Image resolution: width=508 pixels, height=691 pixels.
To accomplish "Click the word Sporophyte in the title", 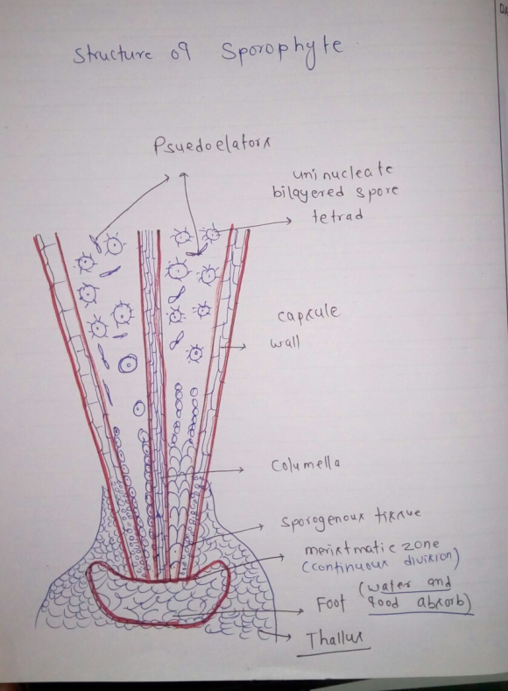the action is tap(282, 52).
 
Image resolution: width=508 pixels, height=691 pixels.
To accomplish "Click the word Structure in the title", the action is tap(114, 55).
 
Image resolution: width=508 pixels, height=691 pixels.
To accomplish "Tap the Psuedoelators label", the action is tap(211, 145).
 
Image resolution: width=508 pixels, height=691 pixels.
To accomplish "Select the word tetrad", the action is tap(337, 216).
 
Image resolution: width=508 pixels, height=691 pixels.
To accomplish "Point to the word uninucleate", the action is tap(342, 172).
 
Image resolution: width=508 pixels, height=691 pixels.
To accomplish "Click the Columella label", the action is tap(306, 465).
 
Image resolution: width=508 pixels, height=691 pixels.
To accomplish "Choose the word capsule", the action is tap(308, 314).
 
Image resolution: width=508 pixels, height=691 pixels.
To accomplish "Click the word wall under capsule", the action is tap(285, 342).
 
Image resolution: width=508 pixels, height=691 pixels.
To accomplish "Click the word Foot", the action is tap(330, 603).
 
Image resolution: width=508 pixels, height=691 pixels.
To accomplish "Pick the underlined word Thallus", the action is tap(334, 640).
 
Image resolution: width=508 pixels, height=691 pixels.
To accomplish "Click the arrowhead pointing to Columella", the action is tap(241, 469).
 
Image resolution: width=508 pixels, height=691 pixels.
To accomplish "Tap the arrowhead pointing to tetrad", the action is tap(288, 221).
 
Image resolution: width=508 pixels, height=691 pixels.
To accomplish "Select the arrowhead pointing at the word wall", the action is tap(243, 348).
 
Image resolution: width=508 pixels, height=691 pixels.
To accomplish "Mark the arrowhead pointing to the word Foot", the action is tap(300, 610).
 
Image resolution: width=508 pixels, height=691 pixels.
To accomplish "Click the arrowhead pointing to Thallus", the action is tap(286, 637).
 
